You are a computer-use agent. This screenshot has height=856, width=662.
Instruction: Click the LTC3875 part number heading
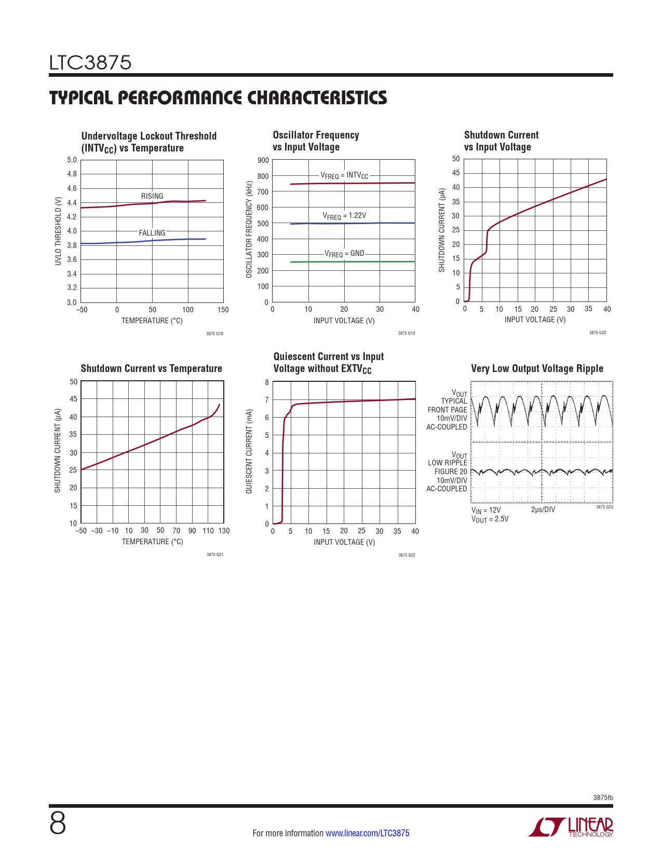pos(90,63)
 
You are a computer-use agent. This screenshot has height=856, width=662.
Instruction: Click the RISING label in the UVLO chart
pos(152,196)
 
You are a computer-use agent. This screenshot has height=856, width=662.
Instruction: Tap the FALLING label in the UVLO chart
pos(152,233)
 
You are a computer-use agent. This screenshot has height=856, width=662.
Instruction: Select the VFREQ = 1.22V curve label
pos(344,215)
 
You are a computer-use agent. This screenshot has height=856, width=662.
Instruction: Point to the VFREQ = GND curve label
pos(344,254)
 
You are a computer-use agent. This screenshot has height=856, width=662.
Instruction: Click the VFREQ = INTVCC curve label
pos(344,176)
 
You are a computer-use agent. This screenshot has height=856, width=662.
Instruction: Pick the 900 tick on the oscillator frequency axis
pos(263,160)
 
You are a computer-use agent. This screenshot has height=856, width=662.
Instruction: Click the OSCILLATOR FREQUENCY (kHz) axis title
pos(249,229)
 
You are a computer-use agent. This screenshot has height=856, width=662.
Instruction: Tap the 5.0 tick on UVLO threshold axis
pos(72,160)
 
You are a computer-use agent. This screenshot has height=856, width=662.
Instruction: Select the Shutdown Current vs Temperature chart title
pos(151,368)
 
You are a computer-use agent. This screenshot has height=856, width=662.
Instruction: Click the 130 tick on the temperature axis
pos(224,531)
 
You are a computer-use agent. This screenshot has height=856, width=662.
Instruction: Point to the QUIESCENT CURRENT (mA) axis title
pos(249,451)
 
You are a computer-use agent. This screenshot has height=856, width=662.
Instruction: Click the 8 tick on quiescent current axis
pos(267,382)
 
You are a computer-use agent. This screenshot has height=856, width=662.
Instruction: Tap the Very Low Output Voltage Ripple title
pos(537,368)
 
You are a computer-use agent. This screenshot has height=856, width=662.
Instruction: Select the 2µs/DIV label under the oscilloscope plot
pos(543,509)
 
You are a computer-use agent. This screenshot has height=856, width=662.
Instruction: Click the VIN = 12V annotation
pos(486,510)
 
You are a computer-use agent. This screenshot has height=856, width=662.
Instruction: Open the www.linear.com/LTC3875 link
pos(367,833)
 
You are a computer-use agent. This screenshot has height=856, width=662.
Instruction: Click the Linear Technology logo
pos(571,827)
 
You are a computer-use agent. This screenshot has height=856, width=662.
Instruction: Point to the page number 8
pos(58,823)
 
